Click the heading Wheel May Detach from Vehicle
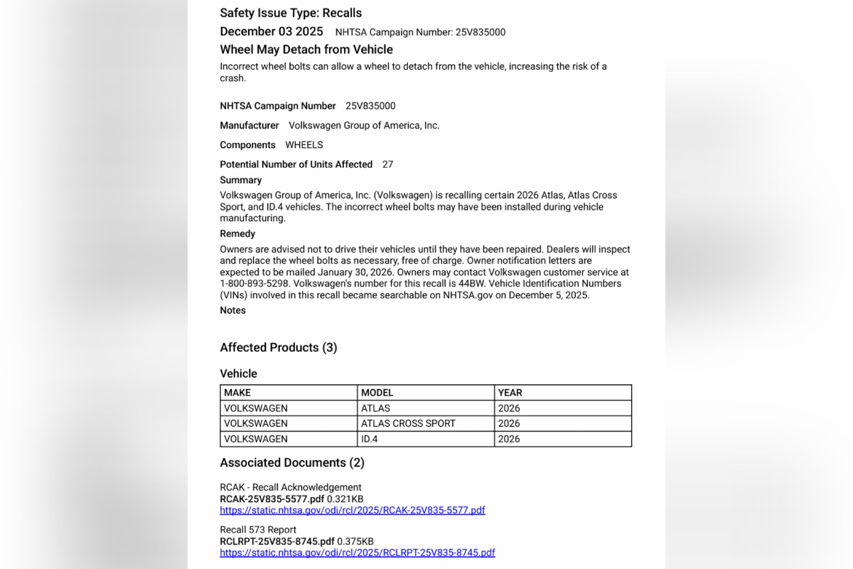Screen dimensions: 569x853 [x=306, y=50]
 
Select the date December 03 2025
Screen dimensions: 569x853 [x=272, y=31]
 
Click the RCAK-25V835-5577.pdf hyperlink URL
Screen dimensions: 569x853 [x=353, y=510]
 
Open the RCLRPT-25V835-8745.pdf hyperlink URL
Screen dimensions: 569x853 [x=358, y=553]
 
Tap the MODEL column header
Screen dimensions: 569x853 [x=377, y=393]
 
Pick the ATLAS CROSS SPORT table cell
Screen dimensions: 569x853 [x=408, y=423]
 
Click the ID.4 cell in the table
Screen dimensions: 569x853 [x=370, y=439]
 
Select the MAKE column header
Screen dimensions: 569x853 [x=237, y=393]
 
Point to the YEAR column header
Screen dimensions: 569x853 [x=510, y=393]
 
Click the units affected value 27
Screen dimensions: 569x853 [x=387, y=164]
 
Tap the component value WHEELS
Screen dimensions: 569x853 [x=304, y=145]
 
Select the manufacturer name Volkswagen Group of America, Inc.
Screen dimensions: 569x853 [x=364, y=126]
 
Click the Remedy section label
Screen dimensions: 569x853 [x=237, y=234]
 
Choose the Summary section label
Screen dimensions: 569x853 [x=241, y=181]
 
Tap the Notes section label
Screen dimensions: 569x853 [x=232, y=311]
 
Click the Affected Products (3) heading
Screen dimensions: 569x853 [x=279, y=348]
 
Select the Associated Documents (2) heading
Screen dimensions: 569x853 [x=292, y=463]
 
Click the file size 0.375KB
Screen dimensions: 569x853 [x=355, y=542]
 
